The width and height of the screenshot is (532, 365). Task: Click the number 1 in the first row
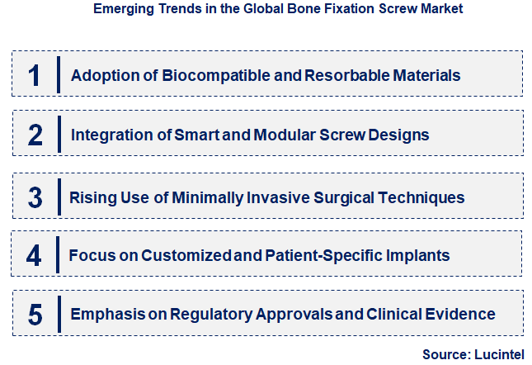pyautogui.click(x=34, y=75)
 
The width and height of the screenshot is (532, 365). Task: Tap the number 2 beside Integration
pyautogui.click(x=34, y=134)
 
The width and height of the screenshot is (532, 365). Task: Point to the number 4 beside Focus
pyautogui.click(x=34, y=255)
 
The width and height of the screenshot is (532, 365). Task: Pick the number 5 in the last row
pyautogui.click(x=34, y=315)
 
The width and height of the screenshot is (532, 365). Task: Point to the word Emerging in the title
pyautogui.click(x=121, y=10)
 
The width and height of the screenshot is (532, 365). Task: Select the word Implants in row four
pyautogui.click(x=420, y=255)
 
